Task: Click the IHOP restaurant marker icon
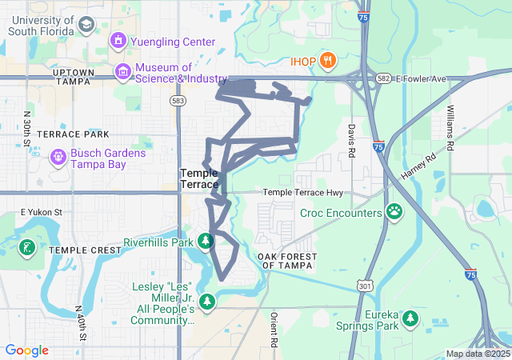pyautogui.click(x=326, y=61)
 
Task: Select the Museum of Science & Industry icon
pyautogui.click(x=123, y=72)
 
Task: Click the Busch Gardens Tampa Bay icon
pyautogui.click(x=59, y=158)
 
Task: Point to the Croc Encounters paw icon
pyautogui.click(x=394, y=213)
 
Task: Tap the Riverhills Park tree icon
pyautogui.click(x=206, y=241)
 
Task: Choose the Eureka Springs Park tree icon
pyautogui.click(x=411, y=319)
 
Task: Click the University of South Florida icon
pyautogui.click(x=84, y=25)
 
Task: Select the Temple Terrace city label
pyautogui.click(x=199, y=178)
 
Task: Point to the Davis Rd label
pyautogui.click(x=350, y=141)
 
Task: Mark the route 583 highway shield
pyautogui.click(x=178, y=101)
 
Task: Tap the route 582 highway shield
pyautogui.click(x=385, y=79)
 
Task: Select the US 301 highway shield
pyautogui.click(x=366, y=286)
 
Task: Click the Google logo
pyautogui.click(x=26, y=350)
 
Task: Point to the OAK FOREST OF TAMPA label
pyautogui.click(x=287, y=260)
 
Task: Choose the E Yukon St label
pyautogui.click(x=41, y=212)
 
